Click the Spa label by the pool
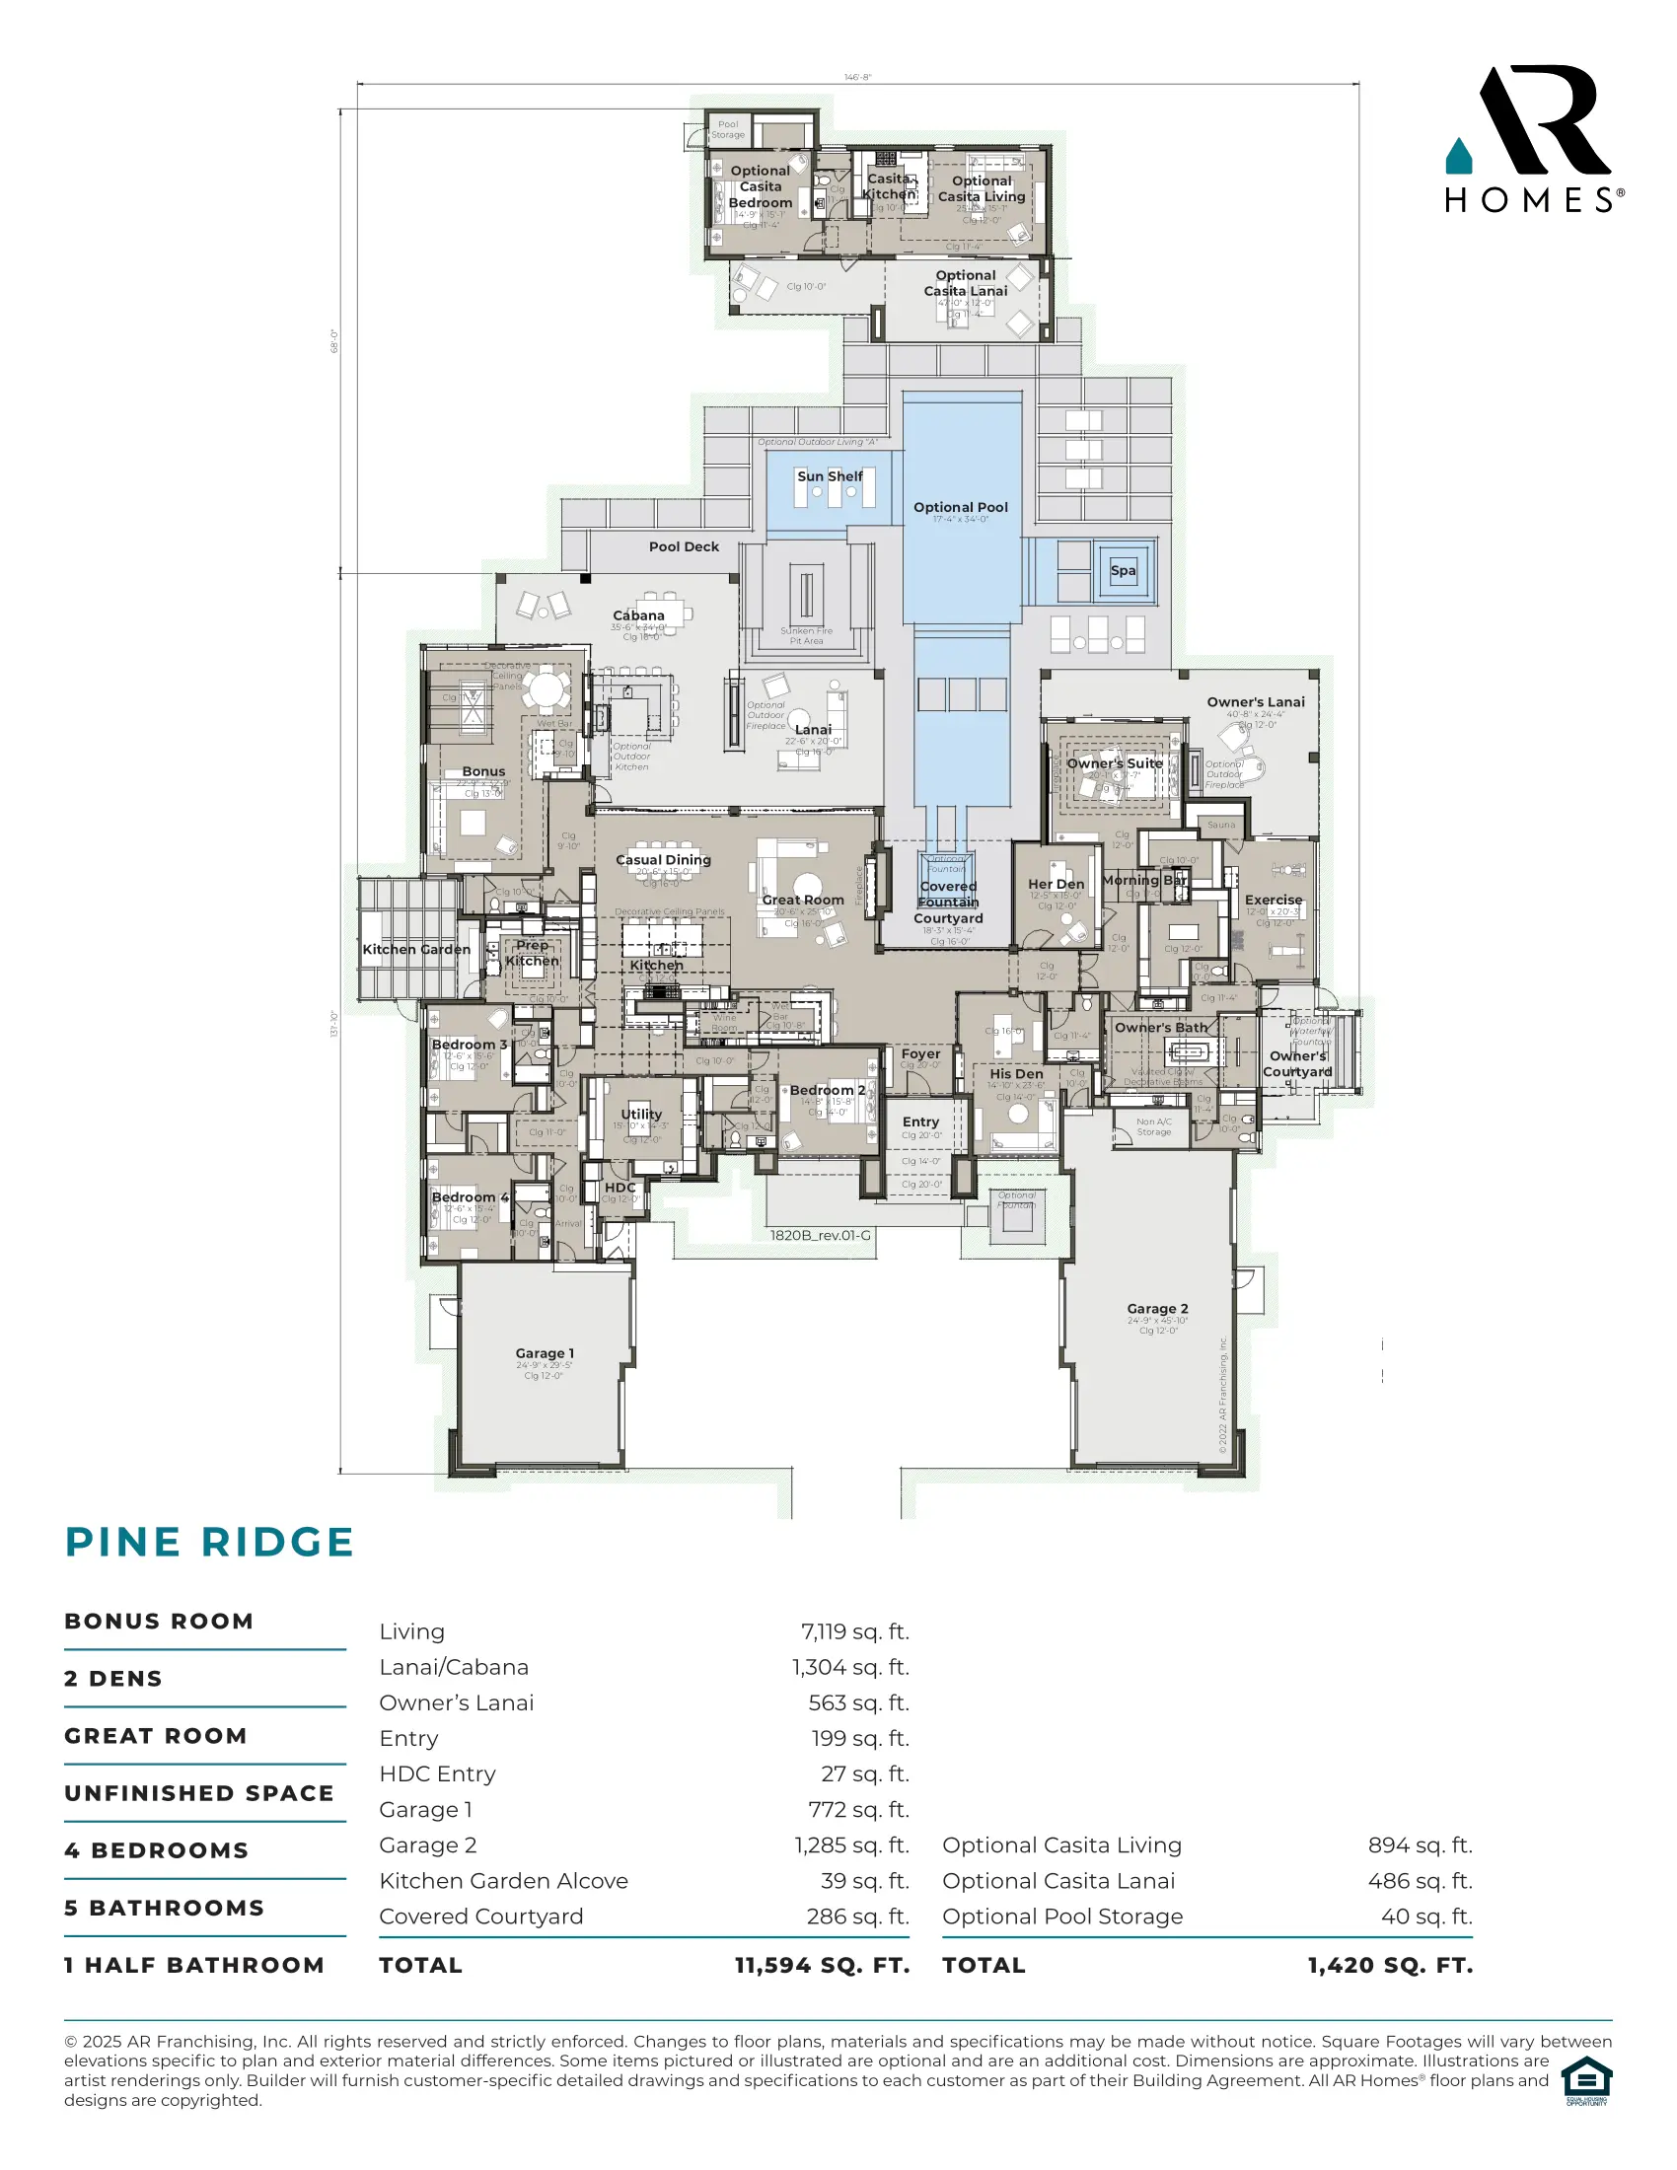(1123, 570)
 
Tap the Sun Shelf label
(830, 476)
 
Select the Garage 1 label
(545, 1353)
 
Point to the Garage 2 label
(1157, 1309)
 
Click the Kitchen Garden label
(416, 949)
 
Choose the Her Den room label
(1057, 884)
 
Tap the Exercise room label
(1273, 900)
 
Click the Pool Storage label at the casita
(727, 130)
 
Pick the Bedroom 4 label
(470, 1197)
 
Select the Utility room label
(641, 1114)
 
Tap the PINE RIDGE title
(209, 1542)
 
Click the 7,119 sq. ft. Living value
(854, 1631)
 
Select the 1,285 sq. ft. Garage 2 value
(851, 1845)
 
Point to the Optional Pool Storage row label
(1062, 1917)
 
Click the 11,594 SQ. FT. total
(822, 1965)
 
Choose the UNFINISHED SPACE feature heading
(198, 1793)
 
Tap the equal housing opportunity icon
(1586, 2081)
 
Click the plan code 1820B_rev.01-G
(820, 1235)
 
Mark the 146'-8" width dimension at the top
(857, 78)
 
